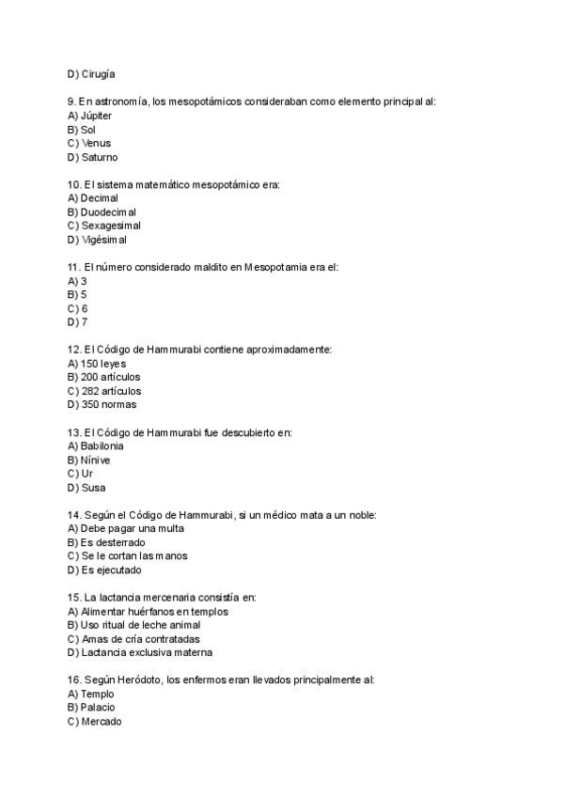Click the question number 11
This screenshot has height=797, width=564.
pos(73,267)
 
